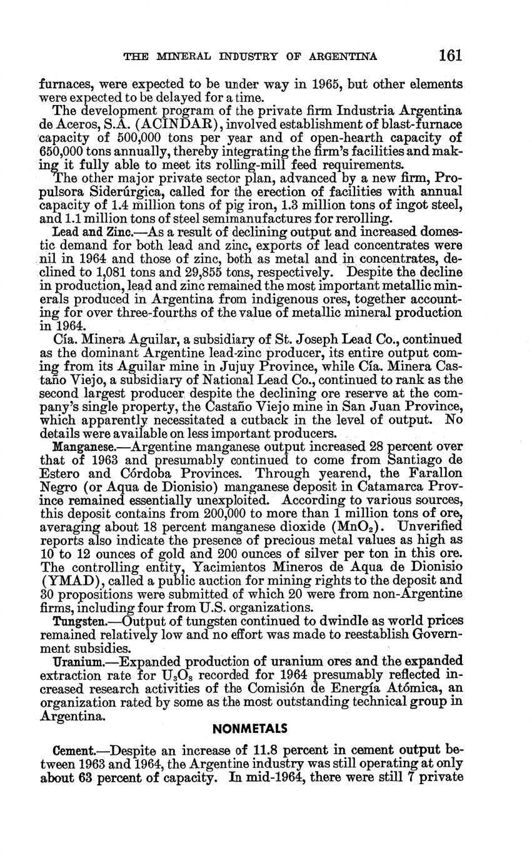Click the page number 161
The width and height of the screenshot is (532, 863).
click(449, 56)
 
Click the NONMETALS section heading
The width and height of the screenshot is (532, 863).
click(249, 729)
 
